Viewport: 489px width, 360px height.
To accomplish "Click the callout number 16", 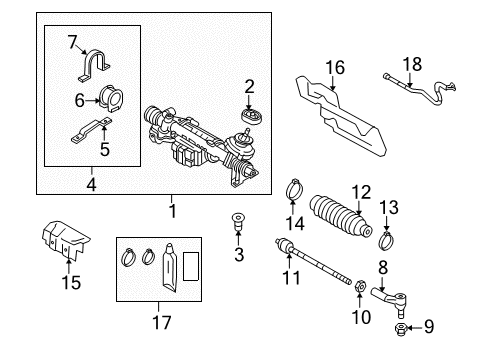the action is tap(335, 68).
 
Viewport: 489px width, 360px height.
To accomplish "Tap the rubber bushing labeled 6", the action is tap(111, 98).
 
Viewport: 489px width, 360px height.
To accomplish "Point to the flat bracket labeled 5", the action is tap(91, 130).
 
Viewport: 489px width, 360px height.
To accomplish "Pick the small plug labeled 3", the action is tap(238, 222).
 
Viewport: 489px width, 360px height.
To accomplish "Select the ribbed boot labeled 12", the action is tap(340, 216).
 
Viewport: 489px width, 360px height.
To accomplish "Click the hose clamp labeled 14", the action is tap(294, 189).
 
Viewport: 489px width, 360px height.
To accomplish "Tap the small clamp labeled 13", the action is tap(386, 240).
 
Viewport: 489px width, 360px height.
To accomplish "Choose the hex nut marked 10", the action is tap(360, 286).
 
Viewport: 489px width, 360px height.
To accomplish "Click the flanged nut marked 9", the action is tap(400, 329).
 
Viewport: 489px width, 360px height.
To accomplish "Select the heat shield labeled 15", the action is tap(65, 239).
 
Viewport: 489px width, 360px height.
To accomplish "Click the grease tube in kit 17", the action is tap(170, 267).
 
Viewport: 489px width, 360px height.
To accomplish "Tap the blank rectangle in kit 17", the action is tap(191, 266).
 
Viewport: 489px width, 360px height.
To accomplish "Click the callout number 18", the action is tap(412, 64).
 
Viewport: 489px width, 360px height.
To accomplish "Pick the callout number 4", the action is tap(91, 184).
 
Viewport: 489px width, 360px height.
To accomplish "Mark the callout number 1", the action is tap(173, 211).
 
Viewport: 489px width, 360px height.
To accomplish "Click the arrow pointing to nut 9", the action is tap(415, 328).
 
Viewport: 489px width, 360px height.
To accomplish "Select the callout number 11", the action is tap(291, 278).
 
